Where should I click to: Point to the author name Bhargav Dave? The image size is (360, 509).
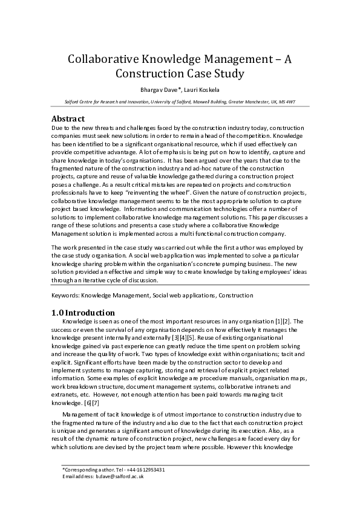pos(157,90)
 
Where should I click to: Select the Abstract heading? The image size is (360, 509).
pos(68,118)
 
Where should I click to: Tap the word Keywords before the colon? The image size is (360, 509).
pos(65,296)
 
